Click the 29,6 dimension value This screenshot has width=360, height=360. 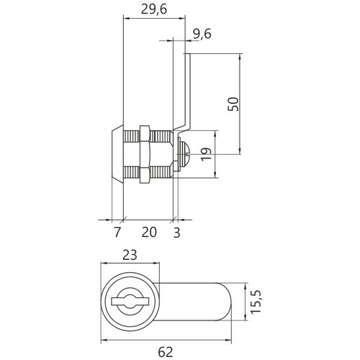click(x=154, y=9)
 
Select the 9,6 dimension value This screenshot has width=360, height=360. click(x=202, y=34)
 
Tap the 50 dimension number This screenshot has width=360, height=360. click(x=233, y=104)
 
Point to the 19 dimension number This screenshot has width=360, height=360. click(x=206, y=154)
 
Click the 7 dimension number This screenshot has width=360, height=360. click(x=117, y=232)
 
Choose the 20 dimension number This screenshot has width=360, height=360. click(x=149, y=232)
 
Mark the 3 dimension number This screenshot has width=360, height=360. click(x=176, y=233)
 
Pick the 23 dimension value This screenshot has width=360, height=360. click(x=130, y=255)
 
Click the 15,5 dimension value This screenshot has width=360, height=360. click(x=256, y=302)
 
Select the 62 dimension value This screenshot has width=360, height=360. click(x=166, y=352)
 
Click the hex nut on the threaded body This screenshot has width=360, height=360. click(x=145, y=154)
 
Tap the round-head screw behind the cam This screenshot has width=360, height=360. click(x=185, y=154)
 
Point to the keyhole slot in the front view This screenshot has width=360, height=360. click(x=130, y=302)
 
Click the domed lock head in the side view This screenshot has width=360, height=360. click(x=117, y=154)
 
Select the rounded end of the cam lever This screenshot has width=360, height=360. click(x=225, y=302)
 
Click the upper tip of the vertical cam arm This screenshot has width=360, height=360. click(x=187, y=54)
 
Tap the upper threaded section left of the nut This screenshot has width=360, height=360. click(x=131, y=136)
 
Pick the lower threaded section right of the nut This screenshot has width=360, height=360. click(x=161, y=172)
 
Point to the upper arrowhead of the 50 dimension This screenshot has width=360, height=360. click(x=240, y=56)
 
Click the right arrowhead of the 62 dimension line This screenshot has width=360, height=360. click(x=228, y=340)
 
